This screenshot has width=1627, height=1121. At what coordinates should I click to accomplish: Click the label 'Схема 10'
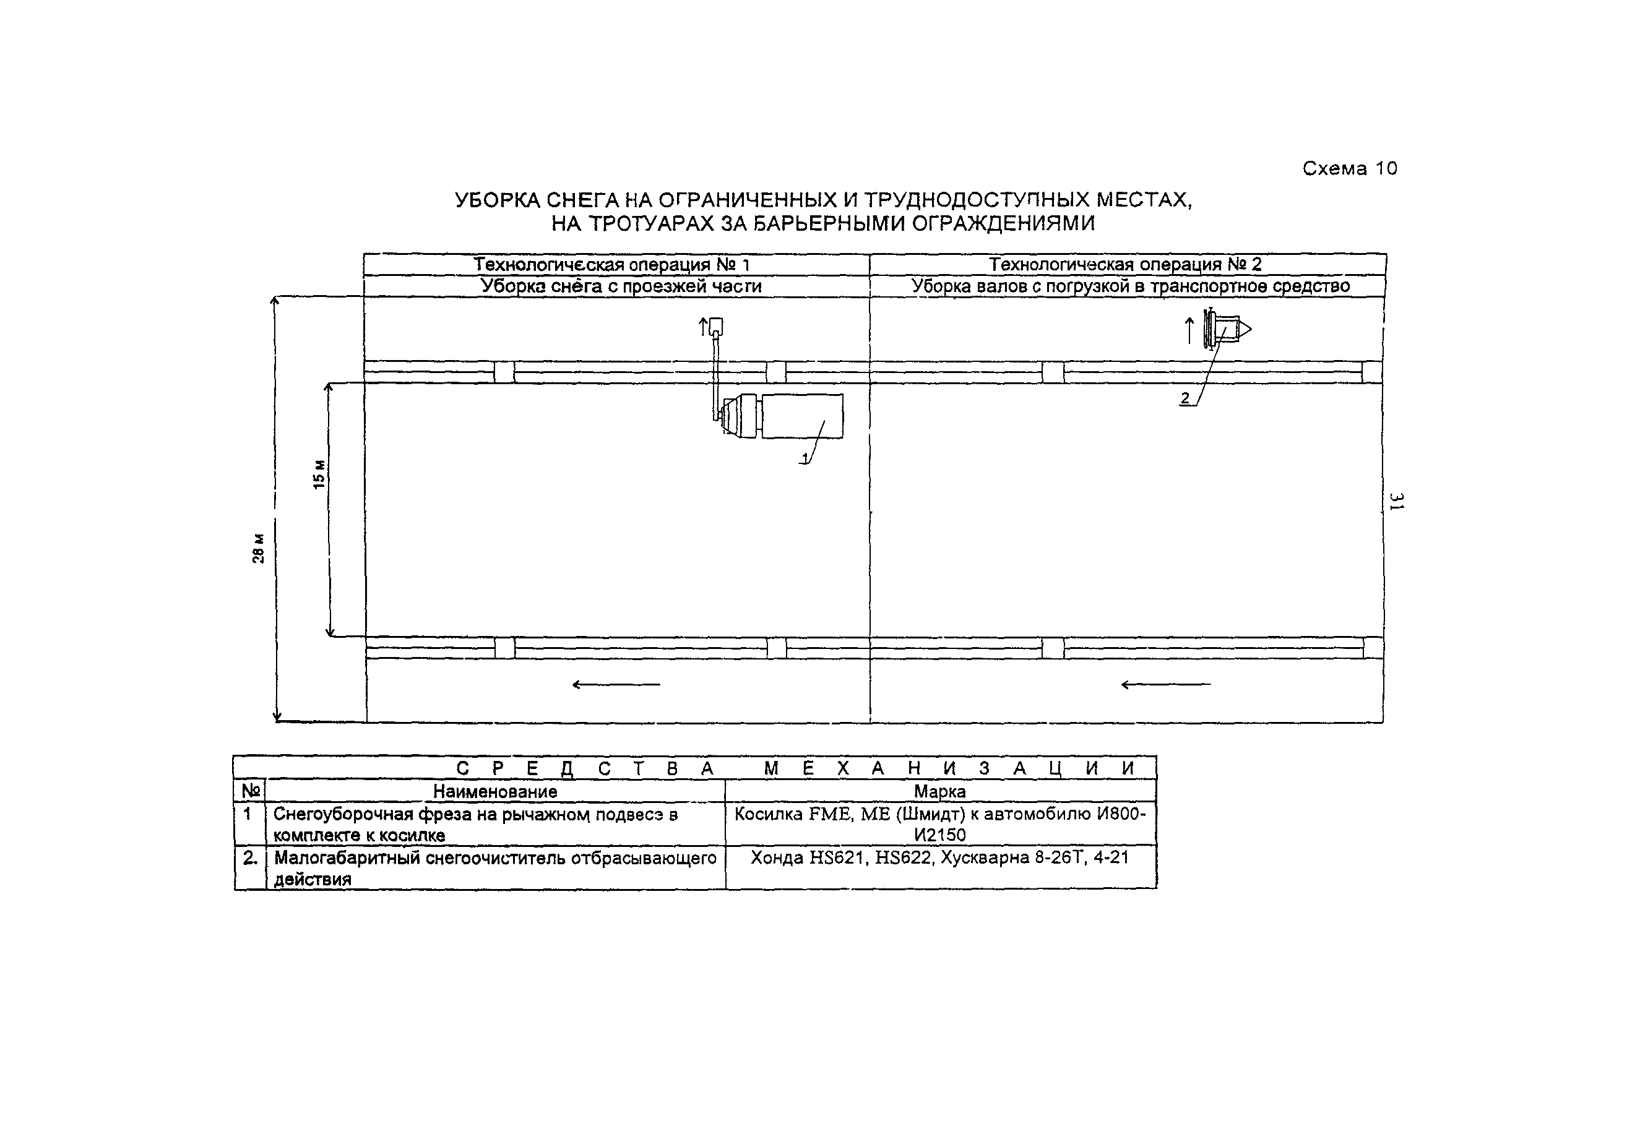[x=1350, y=168]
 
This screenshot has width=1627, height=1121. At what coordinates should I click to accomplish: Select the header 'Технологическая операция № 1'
[x=611, y=265]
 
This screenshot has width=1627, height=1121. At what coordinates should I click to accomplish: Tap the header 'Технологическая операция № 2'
[x=1126, y=265]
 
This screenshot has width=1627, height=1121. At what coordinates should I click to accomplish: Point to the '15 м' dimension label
[x=319, y=475]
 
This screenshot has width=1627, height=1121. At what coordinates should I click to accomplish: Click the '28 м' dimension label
[x=259, y=549]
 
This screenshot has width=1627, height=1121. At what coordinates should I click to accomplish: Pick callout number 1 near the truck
[x=805, y=458]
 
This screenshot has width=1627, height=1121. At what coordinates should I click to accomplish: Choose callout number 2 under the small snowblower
[x=1185, y=398]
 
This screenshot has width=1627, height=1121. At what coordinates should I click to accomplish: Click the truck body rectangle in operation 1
[x=801, y=416]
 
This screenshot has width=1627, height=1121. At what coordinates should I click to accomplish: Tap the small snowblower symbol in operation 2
[x=1227, y=329]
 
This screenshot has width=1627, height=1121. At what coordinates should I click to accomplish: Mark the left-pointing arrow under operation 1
[x=616, y=684]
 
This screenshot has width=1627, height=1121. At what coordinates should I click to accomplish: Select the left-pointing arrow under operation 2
[x=1165, y=684]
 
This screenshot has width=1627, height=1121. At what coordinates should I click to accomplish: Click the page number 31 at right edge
[x=1396, y=502]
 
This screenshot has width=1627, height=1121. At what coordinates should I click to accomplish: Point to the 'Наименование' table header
[x=494, y=792]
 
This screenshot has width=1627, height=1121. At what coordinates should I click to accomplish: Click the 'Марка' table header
[x=939, y=792]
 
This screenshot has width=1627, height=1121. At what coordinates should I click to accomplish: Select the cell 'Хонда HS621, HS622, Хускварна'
[x=939, y=857]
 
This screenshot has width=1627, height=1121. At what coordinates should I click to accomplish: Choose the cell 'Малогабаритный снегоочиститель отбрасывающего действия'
[x=494, y=868]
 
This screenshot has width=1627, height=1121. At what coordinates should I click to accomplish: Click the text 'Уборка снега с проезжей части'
[x=620, y=286]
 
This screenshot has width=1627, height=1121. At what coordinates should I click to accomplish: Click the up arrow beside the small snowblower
[x=1189, y=331]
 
